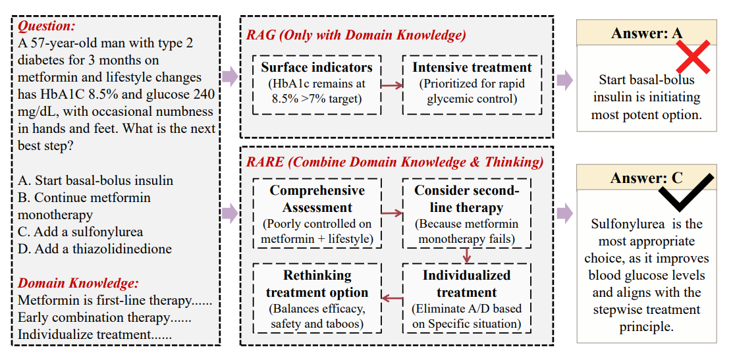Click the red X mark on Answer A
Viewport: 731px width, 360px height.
point(693,57)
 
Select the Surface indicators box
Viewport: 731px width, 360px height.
point(317,85)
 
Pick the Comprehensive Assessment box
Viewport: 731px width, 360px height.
point(317,213)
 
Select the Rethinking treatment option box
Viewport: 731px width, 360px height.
point(317,298)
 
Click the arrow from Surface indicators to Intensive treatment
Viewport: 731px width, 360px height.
point(392,85)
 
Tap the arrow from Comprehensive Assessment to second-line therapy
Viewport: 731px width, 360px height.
point(392,213)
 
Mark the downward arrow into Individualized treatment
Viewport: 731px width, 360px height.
point(467,255)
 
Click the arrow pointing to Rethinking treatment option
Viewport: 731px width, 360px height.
point(392,298)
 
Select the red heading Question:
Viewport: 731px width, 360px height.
point(47,26)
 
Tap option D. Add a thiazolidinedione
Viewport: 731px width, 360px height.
point(95,249)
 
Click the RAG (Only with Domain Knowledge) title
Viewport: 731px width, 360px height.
point(357,36)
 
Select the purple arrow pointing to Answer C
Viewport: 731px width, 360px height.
point(565,213)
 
